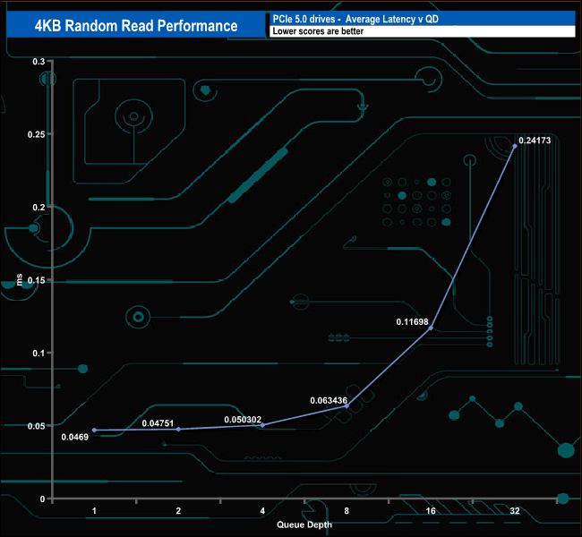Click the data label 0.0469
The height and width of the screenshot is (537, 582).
tap(75, 437)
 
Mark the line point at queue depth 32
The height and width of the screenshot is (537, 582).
tap(515, 146)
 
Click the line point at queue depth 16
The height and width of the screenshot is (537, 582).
tap(431, 328)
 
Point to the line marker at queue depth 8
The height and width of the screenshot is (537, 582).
tap(347, 405)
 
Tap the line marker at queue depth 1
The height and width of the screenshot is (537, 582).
tap(94, 430)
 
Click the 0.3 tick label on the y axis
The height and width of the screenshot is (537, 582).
tap(39, 61)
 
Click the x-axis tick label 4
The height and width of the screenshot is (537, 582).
tap(262, 510)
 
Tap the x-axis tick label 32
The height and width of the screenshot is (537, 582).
tap(515, 510)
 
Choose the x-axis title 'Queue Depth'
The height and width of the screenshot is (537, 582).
tap(304, 525)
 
